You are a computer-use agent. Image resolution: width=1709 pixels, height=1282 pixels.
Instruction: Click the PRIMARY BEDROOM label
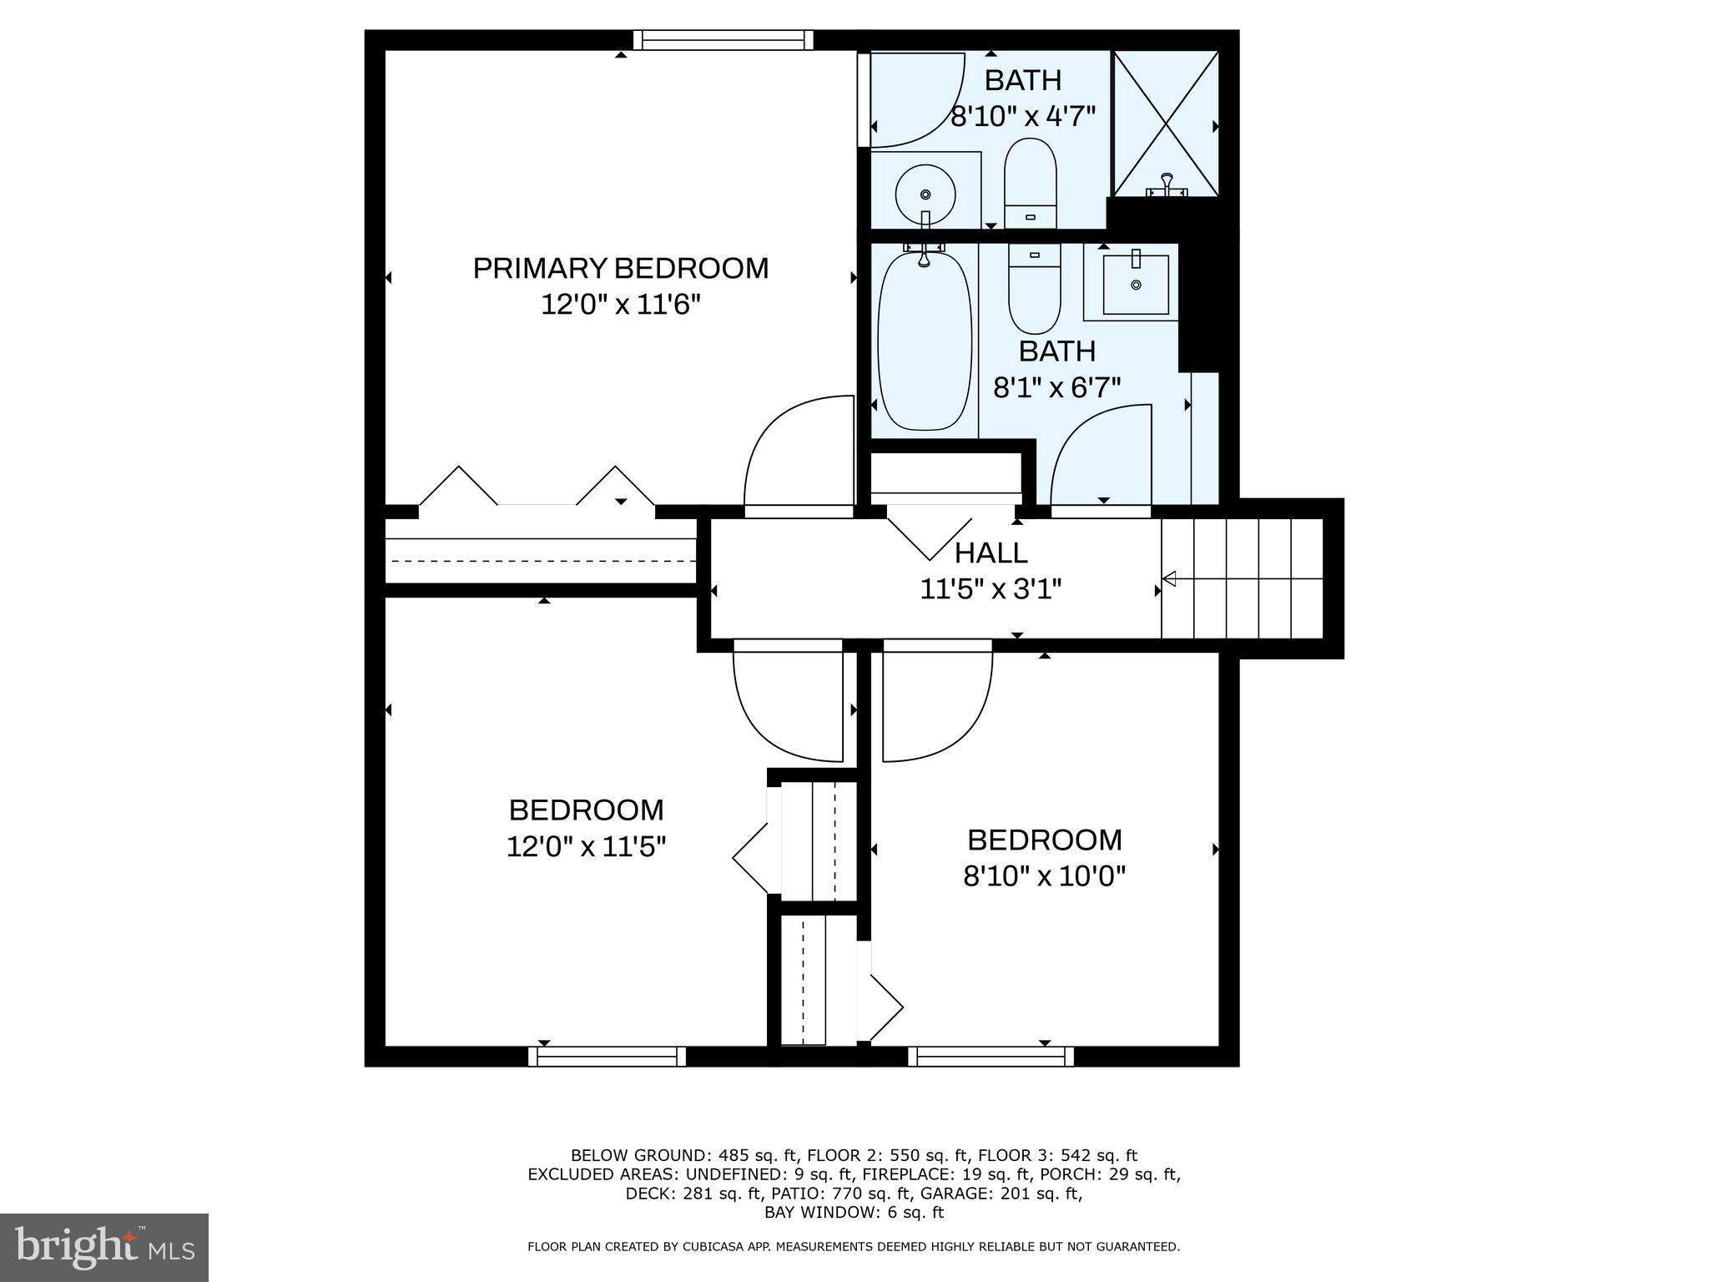tap(620, 268)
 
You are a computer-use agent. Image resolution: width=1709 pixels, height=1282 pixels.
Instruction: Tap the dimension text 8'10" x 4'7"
tap(1023, 116)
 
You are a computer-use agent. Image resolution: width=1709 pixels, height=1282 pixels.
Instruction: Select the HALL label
tap(991, 553)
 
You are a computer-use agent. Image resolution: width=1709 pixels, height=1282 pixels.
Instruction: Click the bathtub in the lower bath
tap(925, 342)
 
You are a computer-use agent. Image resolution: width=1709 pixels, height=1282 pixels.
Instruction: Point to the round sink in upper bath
tap(925, 194)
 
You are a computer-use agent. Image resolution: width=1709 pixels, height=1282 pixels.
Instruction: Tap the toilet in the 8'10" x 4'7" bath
tap(1030, 182)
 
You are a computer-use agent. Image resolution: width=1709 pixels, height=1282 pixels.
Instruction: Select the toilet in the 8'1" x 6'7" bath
tap(1034, 288)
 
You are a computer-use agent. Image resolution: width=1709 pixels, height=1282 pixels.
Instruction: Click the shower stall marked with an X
tap(1166, 124)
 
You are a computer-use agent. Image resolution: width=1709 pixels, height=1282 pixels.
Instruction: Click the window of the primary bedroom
tap(723, 40)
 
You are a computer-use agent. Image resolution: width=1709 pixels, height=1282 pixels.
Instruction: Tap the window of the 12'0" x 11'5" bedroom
tap(607, 1057)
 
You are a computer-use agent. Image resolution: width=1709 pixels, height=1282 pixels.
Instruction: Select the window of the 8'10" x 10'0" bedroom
tap(991, 1057)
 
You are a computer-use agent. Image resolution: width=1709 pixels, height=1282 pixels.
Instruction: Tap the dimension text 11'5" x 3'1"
tap(991, 589)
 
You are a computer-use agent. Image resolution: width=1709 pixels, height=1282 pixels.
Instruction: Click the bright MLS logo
tap(104, 1247)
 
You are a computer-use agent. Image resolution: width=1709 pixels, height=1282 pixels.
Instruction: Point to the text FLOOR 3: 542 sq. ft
tap(1057, 1155)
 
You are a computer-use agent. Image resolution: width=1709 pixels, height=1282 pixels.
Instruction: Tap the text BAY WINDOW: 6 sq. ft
tap(854, 1213)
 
